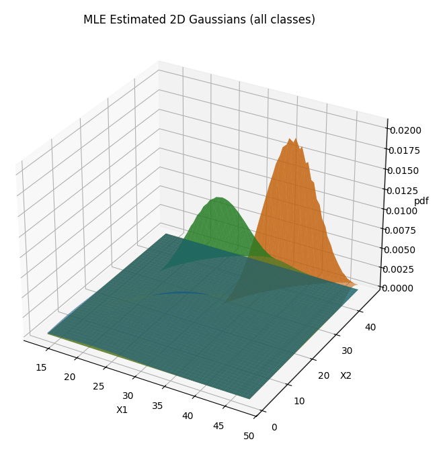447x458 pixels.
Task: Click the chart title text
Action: pos(199,19)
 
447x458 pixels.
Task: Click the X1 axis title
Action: pos(122,410)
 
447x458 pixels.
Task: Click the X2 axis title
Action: pos(346,375)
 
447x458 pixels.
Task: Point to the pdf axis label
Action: pos(421,201)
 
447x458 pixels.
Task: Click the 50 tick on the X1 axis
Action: pos(249,436)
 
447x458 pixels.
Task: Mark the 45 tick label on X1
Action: pos(218,426)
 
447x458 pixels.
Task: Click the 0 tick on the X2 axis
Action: pos(273,426)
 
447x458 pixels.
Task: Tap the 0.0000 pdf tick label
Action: pos(405,288)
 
